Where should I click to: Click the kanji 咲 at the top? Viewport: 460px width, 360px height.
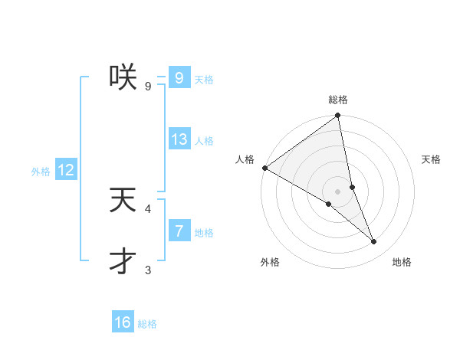coord(123,77)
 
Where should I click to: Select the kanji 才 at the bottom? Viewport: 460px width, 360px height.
coord(123,261)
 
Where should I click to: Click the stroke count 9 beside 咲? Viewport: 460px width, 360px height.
coord(148,86)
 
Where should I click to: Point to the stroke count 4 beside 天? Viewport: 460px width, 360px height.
coord(148,208)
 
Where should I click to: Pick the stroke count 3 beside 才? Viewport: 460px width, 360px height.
coord(148,270)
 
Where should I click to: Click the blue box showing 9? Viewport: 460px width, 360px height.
coord(179,77)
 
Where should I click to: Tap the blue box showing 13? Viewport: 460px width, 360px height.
coord(179,139)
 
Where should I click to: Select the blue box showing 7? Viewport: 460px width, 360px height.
coord(179,231)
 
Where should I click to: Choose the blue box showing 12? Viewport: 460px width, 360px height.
coord(66,170)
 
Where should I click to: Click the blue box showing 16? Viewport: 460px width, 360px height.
coord(123,322)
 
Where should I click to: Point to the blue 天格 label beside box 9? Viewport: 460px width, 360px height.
coord(203,79)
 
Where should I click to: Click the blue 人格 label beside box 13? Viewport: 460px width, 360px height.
coord(203,141)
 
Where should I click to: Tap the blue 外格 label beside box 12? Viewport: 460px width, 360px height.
coord(41,172)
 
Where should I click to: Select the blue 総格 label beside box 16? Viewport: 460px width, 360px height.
coord(147,324)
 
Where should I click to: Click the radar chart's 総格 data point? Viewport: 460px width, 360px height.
coord(337,116)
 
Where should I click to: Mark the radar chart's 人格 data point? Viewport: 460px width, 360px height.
coord(264,168)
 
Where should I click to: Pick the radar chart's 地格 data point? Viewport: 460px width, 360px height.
coord(374,241)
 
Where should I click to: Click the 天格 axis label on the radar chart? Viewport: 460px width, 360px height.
coord(431,159)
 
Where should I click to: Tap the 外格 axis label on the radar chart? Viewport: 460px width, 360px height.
coord(269,262)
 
